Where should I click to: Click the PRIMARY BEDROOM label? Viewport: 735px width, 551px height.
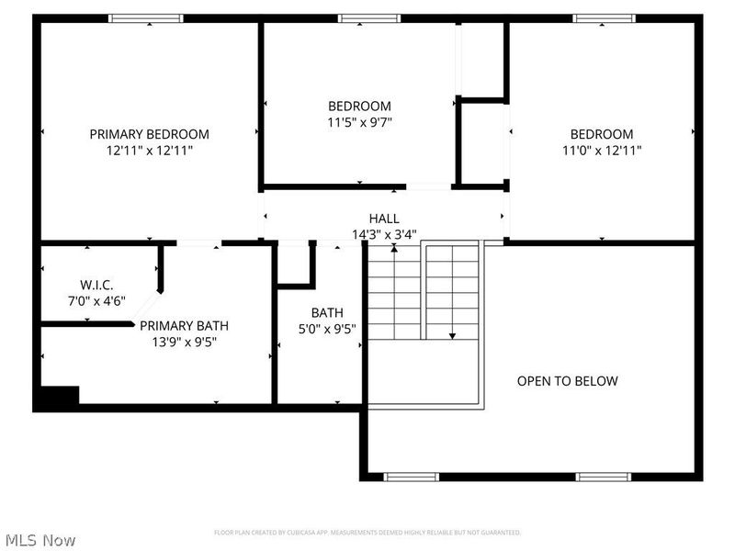(149, 134)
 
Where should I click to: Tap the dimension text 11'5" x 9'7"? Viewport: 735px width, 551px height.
(359, 121)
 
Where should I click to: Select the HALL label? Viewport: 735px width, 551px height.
(384, 219)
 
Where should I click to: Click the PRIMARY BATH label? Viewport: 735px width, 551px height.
(184, 325)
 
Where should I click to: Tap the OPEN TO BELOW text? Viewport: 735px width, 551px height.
(567, 381)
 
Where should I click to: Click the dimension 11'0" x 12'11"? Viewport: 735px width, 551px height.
(602, 150)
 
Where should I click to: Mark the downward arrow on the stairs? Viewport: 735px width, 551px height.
(451, 334)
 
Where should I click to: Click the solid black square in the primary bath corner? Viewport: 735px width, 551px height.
(58, 396)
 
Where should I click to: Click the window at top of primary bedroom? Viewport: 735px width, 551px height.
(146, 18)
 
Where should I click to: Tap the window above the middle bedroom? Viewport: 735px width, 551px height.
(368, 18)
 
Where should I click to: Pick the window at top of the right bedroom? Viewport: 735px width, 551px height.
(604, 18)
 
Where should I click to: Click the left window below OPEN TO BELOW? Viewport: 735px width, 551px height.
(411, 477)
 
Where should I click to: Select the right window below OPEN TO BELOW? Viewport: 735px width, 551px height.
(603, 477)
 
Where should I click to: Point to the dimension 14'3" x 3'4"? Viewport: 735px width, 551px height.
(384, 234)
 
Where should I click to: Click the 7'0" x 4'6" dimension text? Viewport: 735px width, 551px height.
(96, 300)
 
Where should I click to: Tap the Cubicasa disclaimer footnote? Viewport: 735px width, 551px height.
(367, 533)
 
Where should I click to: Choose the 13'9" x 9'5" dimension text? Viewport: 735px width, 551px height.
(184, 342)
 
